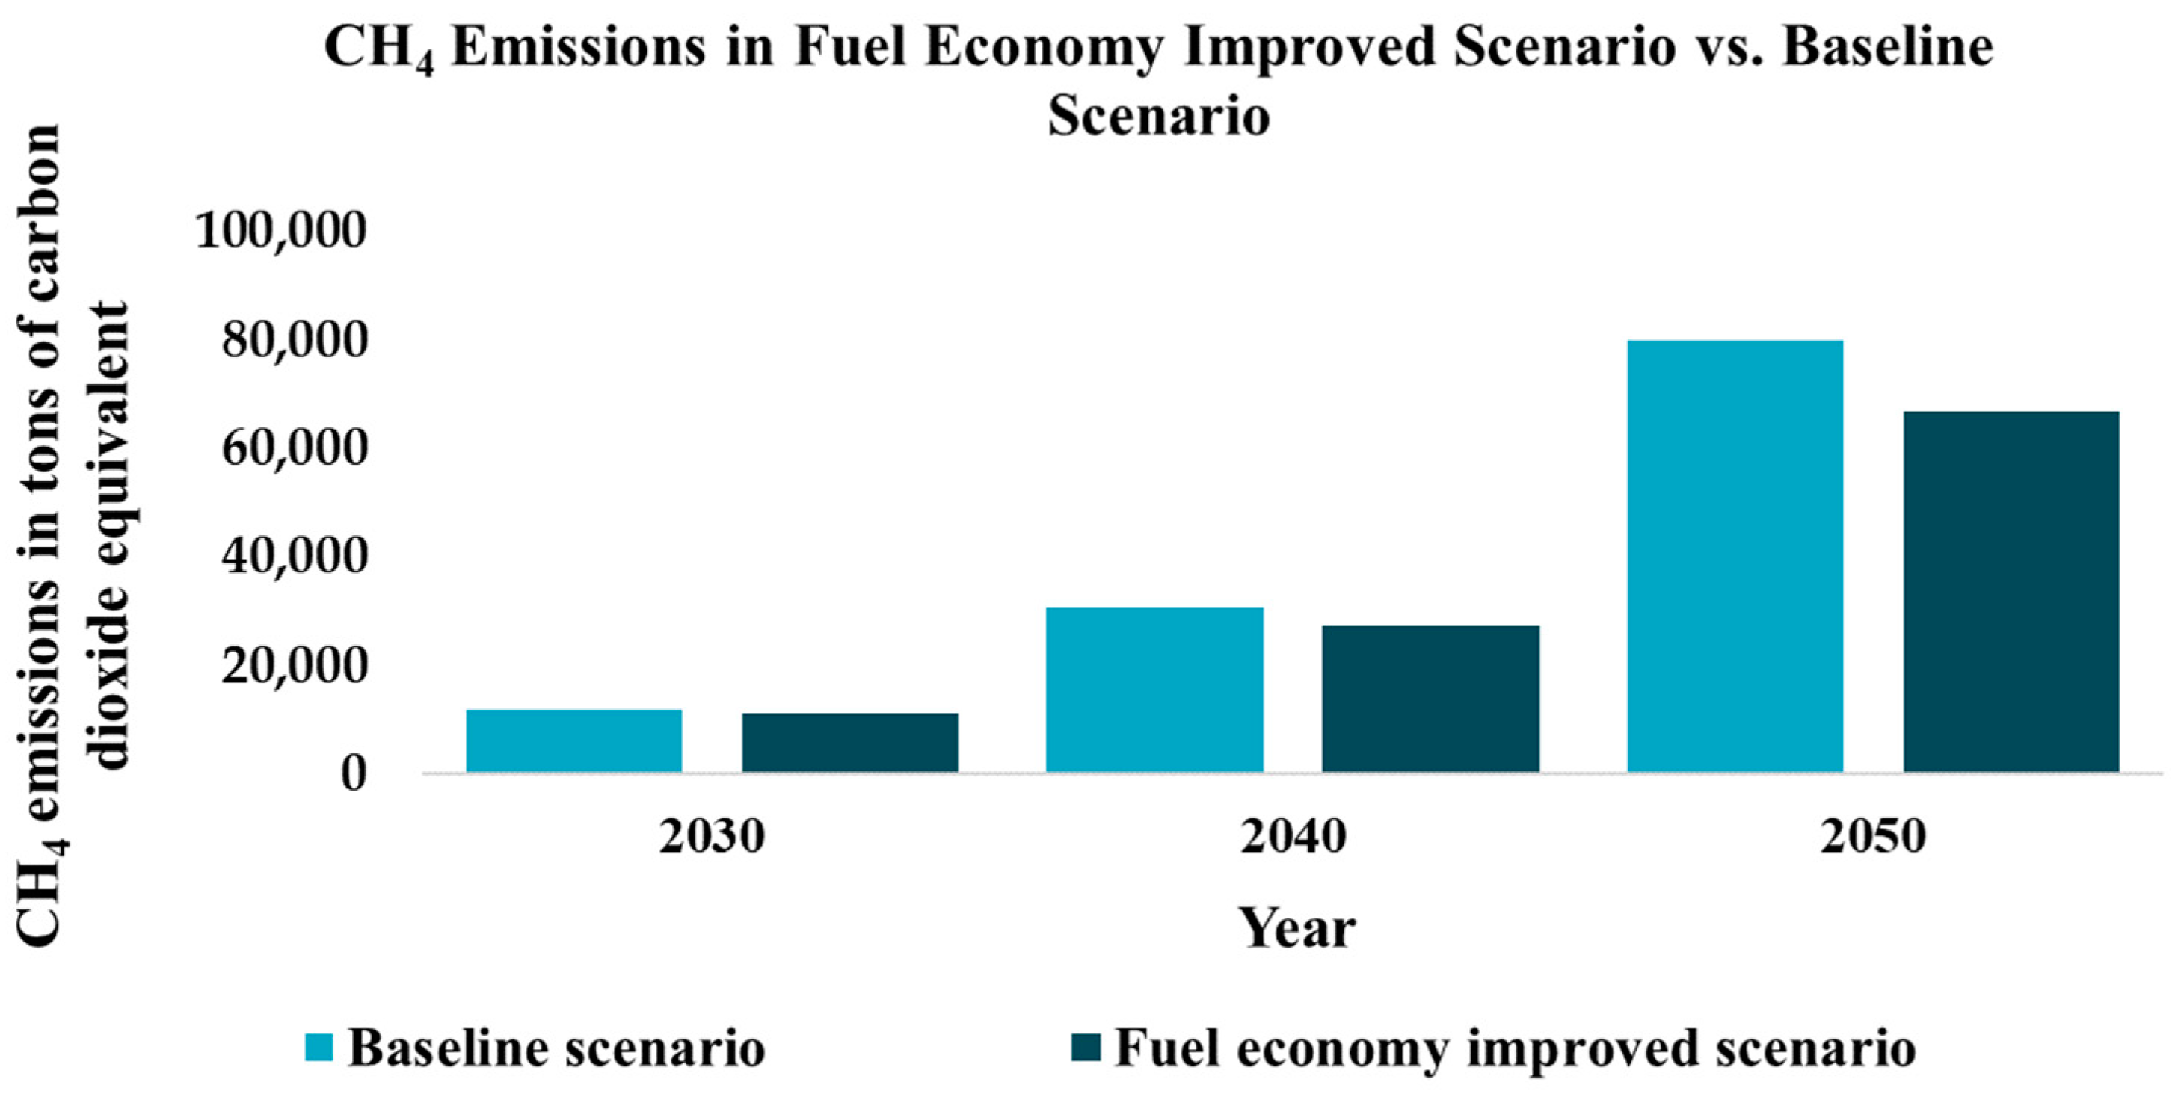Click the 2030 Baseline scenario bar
[x=574, y=741]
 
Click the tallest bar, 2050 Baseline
[x=1735, y=556]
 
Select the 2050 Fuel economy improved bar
[x=2012, y=592]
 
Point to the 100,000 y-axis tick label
[x=281, y=230]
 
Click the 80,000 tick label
[x=295, y=339]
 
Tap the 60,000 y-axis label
[x=295, y=448]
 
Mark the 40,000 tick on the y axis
[x=295, y=556]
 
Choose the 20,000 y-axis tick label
[x=295, y=665]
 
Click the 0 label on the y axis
[x=353, y=773]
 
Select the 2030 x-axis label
[x=712, y=837]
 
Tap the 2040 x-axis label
[x=1293, y=837]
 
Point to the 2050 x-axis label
[x=1874, y=837]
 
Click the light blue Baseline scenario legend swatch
[x=319, y=1047]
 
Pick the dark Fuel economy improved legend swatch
[x=1086, y=1047]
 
